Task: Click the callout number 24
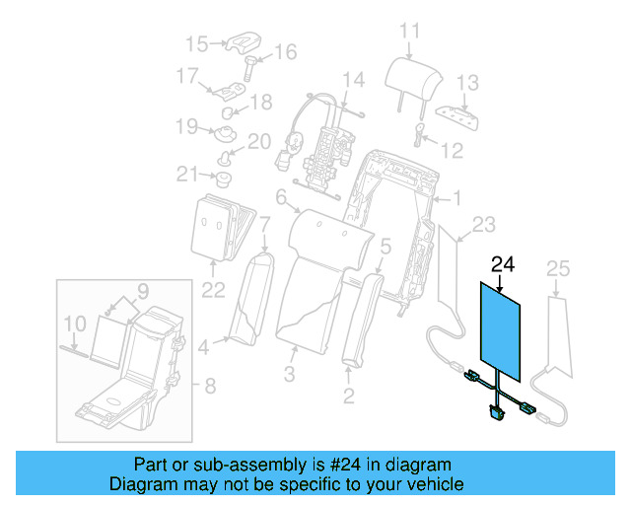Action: pyautogui.click(x=503, y=263)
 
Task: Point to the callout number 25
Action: pyautogui.click(x=558, y=268)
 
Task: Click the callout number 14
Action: pyautogui.click(x=352, y=80)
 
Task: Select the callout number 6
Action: pyautogui.click(x=281, y=199)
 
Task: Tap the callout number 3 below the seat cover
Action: pyautogui.click(x=290, y=374)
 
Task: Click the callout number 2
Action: pyautogui.click(x=348, y=397)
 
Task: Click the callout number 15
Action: pyautogui.click(x=197, y=43)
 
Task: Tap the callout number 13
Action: pyautogui.click(x=467, y=82)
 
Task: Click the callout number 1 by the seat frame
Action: pyautogui.click(x=456, y=198)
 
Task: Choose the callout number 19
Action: pyautogui.click(x=187, y=125)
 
